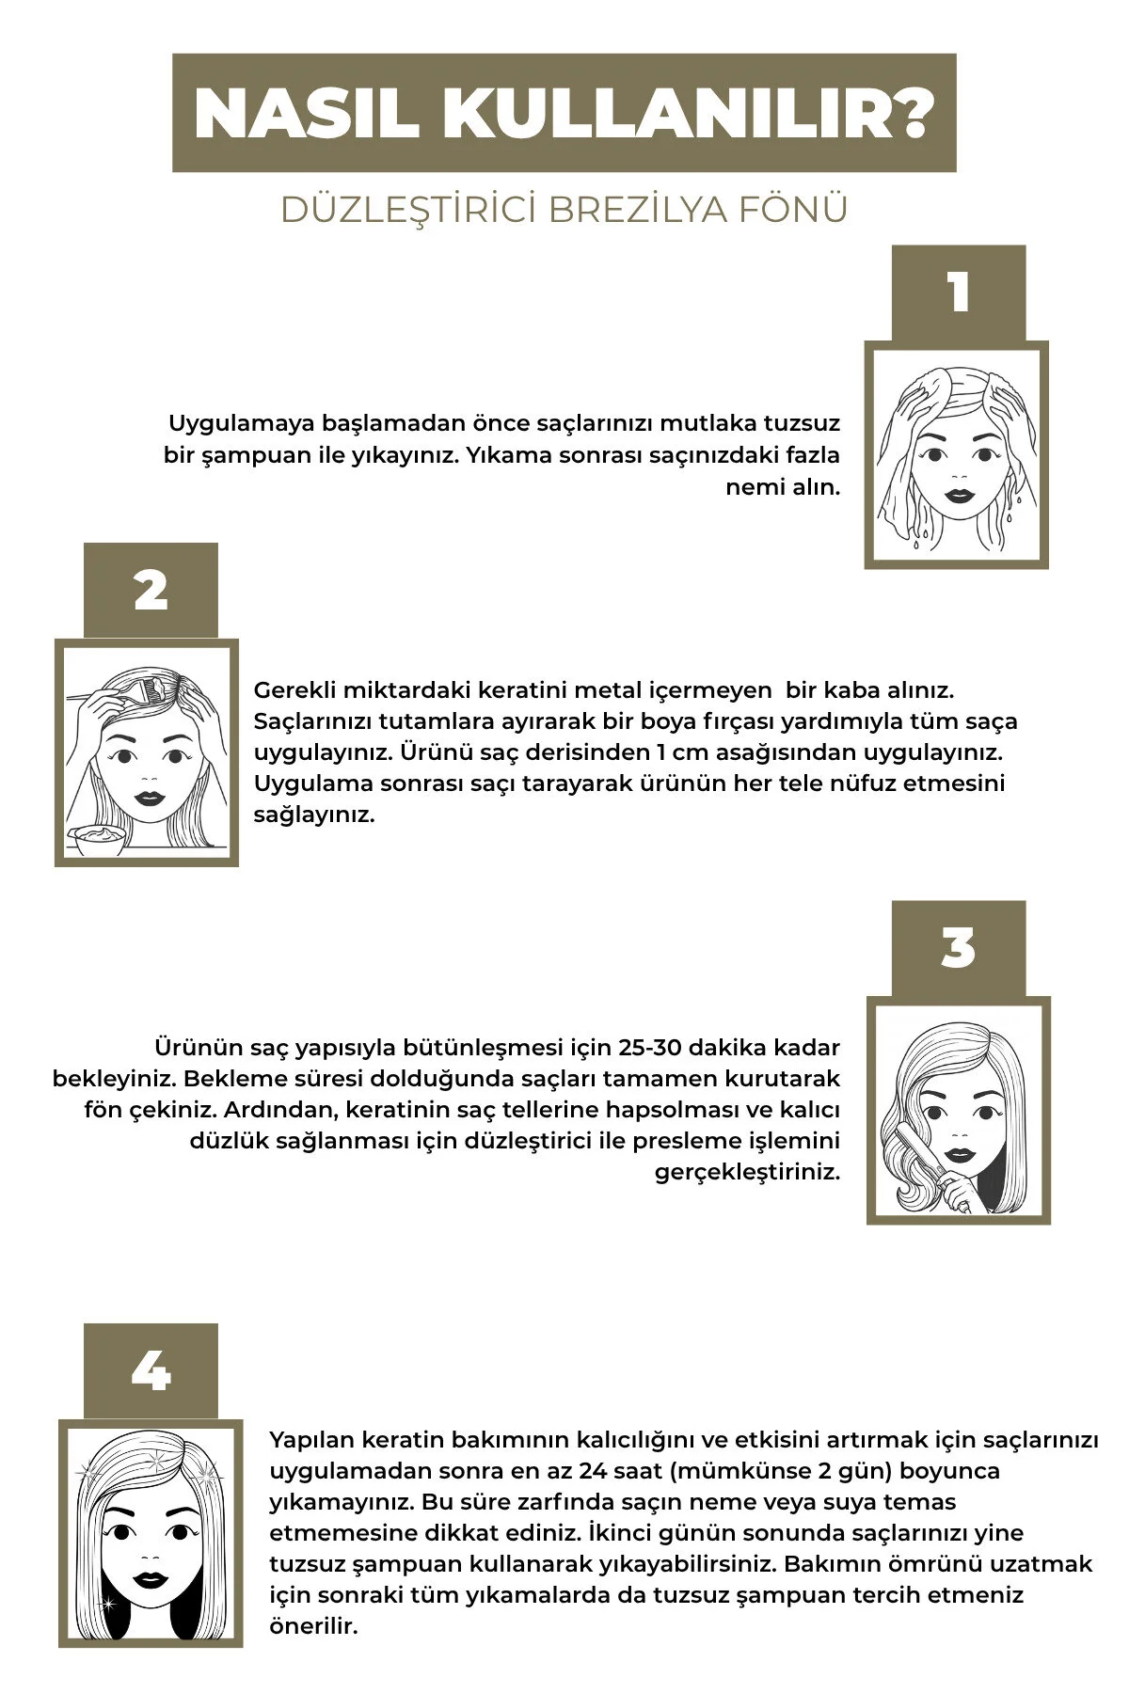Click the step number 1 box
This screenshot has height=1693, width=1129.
point(958,293)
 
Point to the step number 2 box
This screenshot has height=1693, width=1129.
point(151,591)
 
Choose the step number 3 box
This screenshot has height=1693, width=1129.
point(958,948)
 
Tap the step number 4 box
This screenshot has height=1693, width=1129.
point(151,1371)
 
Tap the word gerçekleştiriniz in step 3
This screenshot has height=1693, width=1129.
point(747,1173)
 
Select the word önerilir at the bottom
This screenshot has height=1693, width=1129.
point(314,1626)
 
